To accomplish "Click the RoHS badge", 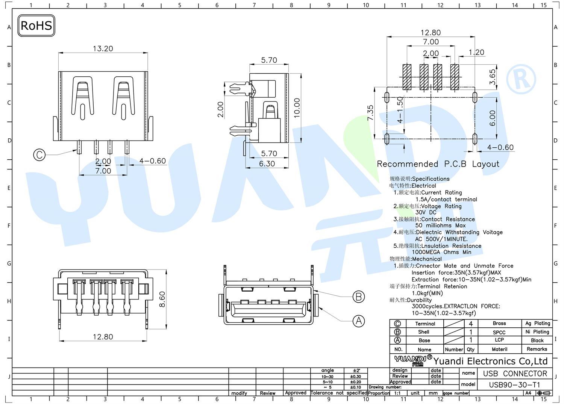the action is click(x=36, y=26).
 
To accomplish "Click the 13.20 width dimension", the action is click(x=103, y=48).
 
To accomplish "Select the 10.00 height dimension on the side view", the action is click(x=297, y=108).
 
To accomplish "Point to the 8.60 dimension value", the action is click(x=162, y=299).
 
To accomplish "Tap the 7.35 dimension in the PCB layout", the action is click(x=370, y=113).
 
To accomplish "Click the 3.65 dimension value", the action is click(x=493, y=77).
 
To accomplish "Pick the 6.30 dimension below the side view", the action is click(x=267, y=163).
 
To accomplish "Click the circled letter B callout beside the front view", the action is click(x=359, y=297).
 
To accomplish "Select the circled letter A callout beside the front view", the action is click(x=359, y=321).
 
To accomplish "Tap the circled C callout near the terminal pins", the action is click(x=39, y=155).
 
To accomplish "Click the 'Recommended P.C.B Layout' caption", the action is click(x=438, y=164).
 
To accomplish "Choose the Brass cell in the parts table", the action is click(x=499, y=324).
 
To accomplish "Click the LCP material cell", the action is click(x=499, y=340).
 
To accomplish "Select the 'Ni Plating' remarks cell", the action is click(x=537, y=332).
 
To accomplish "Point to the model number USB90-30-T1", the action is click(x=515, y=385).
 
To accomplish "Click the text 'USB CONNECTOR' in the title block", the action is click(x=515, y=374).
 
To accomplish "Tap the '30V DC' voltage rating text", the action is click(x=426, y=212).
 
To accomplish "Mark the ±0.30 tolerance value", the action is click(x=355, y=377).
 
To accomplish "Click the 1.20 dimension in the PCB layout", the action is click(x=477, y=52).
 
